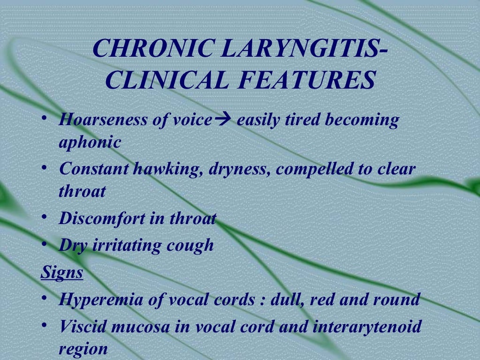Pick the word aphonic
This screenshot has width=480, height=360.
[90, 142]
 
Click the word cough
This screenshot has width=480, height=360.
[192, 245]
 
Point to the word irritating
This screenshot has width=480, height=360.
[130, 245]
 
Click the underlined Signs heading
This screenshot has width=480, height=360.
[62, 272]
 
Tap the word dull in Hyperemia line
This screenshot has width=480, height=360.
[281, 299]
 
